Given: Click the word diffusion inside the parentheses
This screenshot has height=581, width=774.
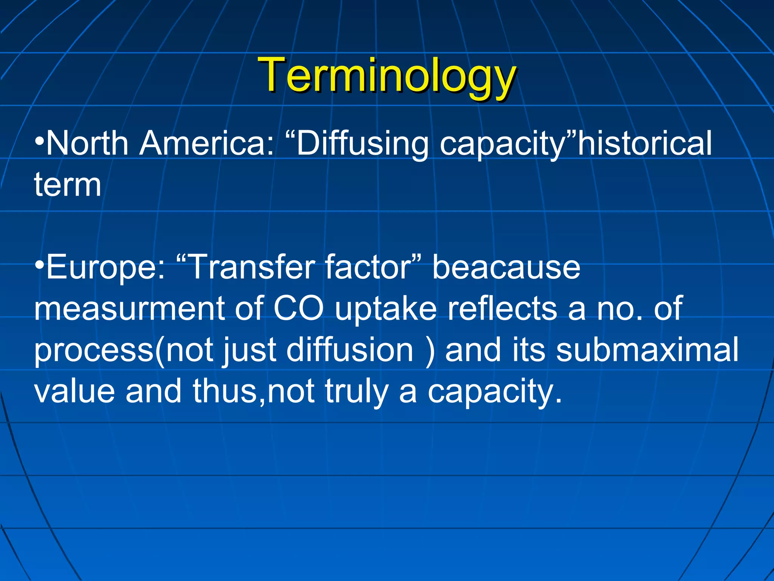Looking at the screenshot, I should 350,350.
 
